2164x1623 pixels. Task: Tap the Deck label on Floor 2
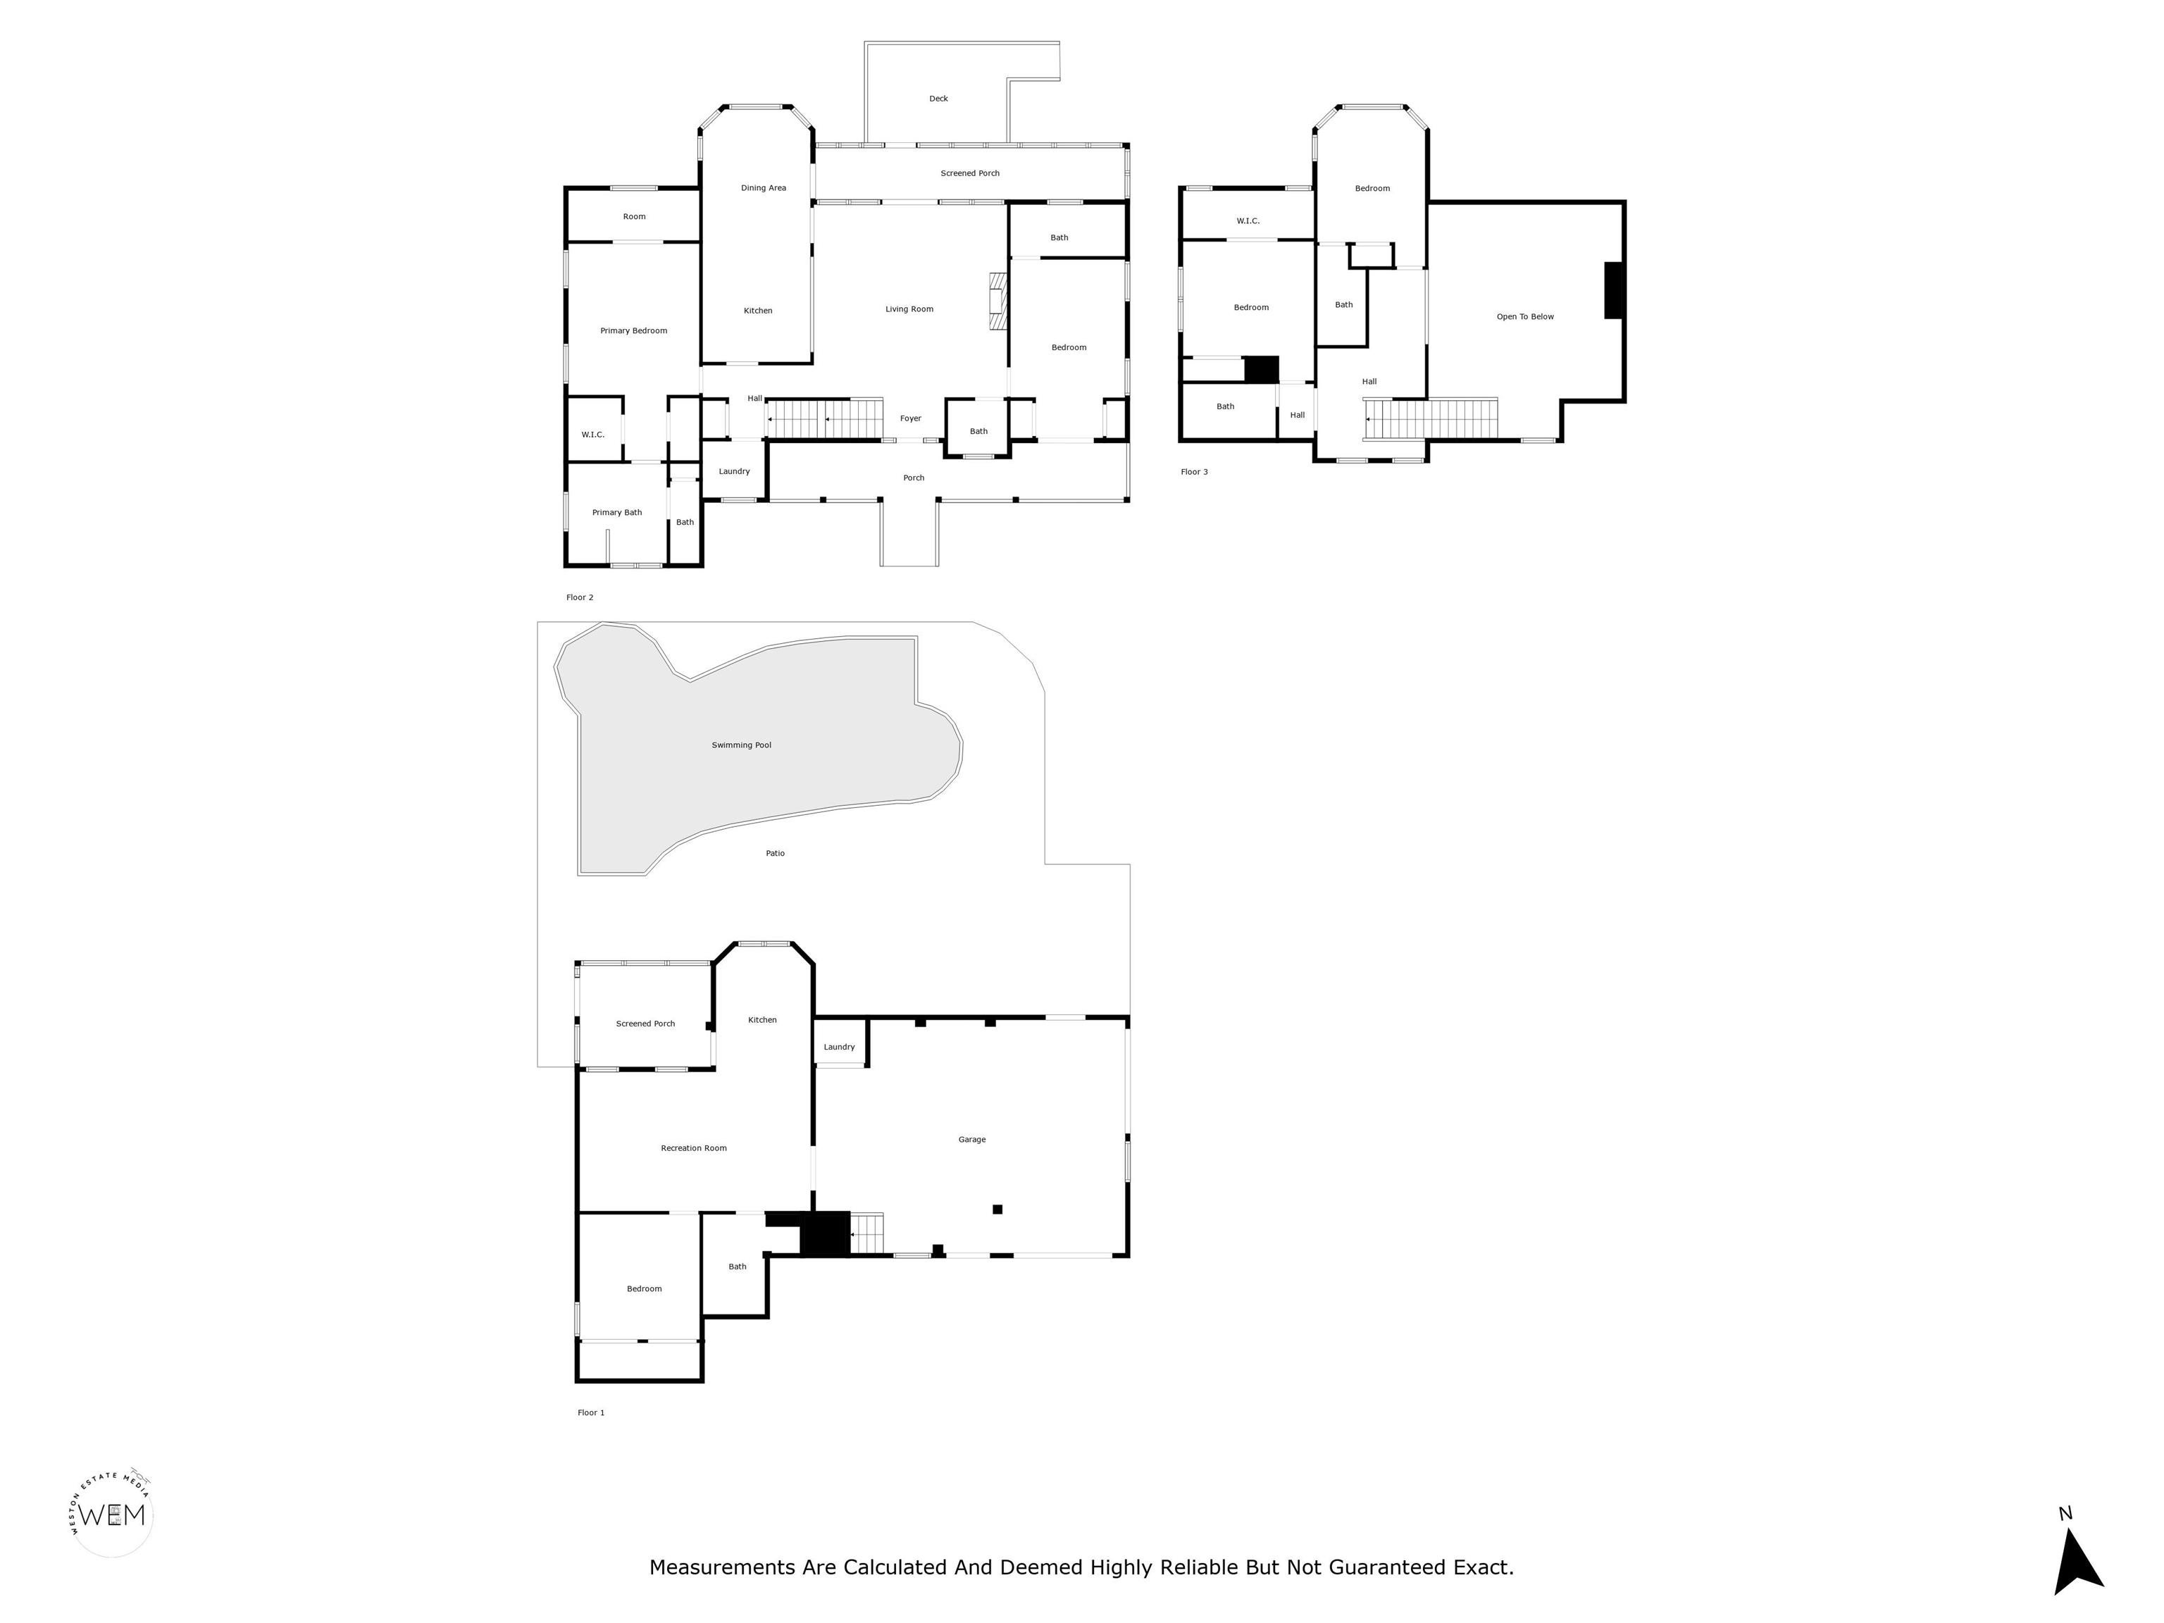point(938,99)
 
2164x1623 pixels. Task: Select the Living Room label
point(909,309)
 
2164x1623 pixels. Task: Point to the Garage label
point(971,1140)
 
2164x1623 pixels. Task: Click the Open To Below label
point(1524,317)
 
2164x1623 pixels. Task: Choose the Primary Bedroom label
point(633,330)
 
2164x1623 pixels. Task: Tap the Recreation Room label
point(694,1148)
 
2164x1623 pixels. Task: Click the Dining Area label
point(763,188)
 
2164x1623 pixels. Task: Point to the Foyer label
point(910,418)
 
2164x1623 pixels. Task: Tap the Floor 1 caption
point(591,1412)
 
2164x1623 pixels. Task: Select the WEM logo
point(113,1515)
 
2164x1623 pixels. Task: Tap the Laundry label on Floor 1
point(838,1047)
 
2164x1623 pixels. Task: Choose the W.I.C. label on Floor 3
point(1248,221)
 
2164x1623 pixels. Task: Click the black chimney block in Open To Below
point(1613,290)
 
